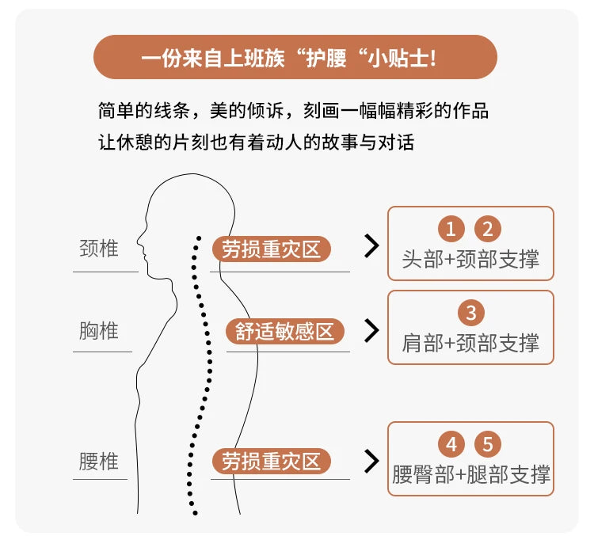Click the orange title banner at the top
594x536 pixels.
click(295, 57)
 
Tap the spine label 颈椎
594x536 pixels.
click(99, 249)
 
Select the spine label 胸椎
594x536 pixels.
click(99, 331)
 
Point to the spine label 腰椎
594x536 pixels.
click(99, 461)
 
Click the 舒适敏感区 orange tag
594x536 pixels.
click(285, 332)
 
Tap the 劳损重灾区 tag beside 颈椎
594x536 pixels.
click(271, 249)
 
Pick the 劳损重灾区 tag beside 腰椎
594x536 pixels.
click(271, 461)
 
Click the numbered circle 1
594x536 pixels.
click(451, 229)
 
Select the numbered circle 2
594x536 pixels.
click(488, 229)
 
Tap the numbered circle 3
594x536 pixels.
click(471, 313)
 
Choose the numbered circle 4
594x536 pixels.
click(451, 444)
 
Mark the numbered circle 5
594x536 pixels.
click(488, 444)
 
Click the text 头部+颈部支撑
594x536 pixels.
click(470, 260)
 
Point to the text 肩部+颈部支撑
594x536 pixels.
click(470, 343)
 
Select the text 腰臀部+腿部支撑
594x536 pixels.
click(471, 474)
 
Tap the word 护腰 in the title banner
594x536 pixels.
click(326, 59)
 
